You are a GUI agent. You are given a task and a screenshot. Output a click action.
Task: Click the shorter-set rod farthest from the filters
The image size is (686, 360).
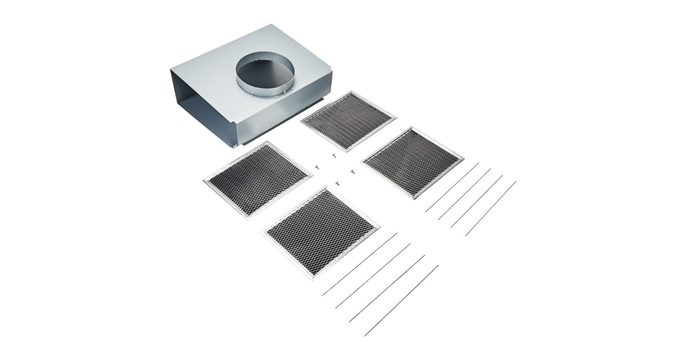pos(490,209)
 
